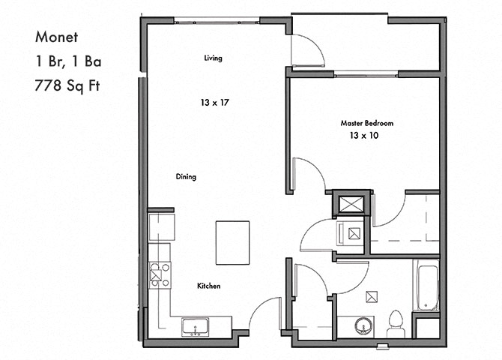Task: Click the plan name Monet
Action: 57,37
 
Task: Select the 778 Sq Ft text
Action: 67,85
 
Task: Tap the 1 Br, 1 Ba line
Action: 68,61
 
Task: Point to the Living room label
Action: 214,58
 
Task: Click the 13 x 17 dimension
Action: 215,103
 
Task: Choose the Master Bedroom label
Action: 367,123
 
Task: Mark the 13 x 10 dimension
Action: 364,135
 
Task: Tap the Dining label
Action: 186,177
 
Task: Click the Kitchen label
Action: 209,286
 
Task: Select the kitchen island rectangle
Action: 233,243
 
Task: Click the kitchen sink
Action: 196,327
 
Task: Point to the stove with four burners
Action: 160,274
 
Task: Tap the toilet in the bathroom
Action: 396,324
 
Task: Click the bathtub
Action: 426,285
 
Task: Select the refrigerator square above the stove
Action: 162,227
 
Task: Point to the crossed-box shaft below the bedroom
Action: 351,204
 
